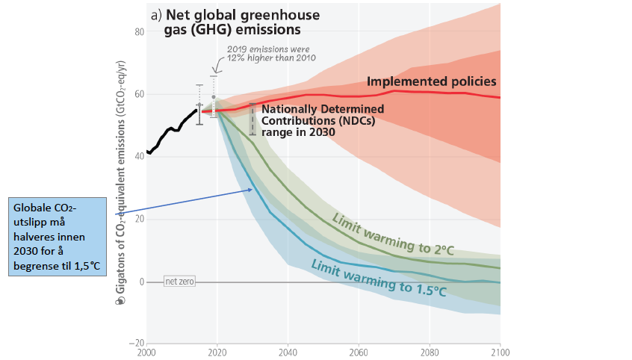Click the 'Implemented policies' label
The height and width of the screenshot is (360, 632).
tap(432, 81)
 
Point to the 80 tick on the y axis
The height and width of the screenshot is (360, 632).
tap(139, 32)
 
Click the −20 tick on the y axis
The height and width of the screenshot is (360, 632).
tap(137, 344)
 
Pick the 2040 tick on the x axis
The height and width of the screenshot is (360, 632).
tap(288, 351)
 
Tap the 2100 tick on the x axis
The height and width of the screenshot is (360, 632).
tap(499, 351)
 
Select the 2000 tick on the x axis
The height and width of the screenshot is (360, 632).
tap(148, 351)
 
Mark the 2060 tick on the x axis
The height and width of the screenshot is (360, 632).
tap(359, 351)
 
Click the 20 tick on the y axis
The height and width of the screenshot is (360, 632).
tap(139, 220)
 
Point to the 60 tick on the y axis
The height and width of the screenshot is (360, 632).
tap(139, 94)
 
